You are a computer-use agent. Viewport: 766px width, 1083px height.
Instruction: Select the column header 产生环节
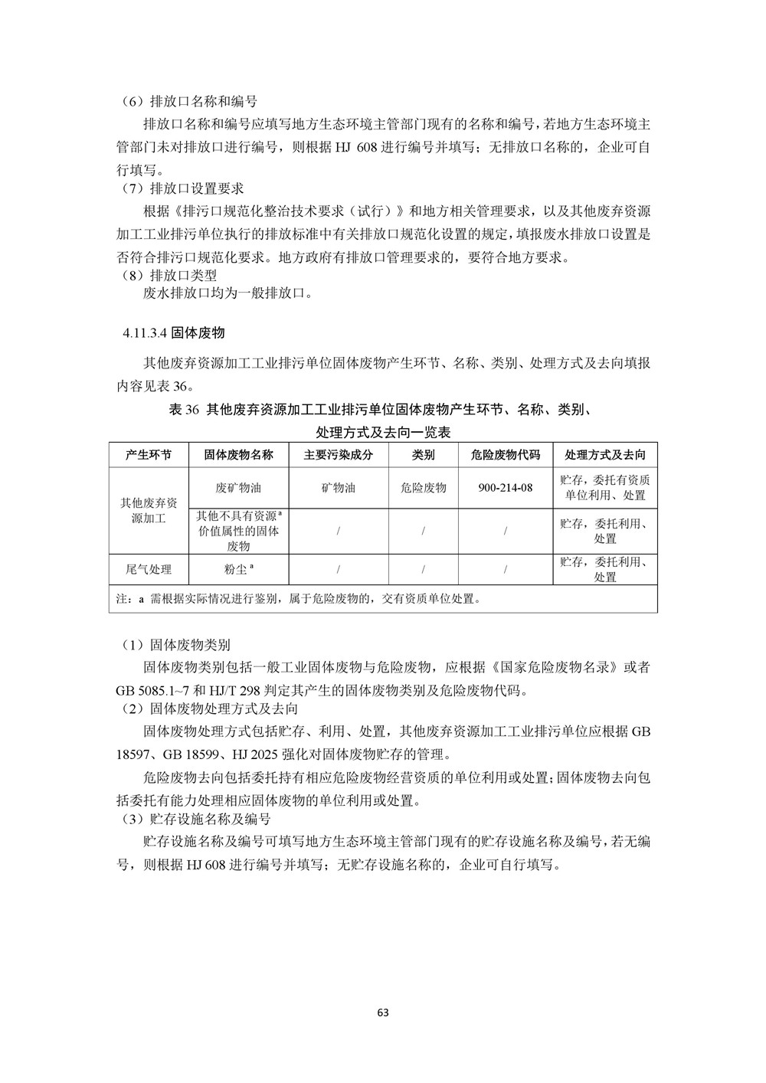pos(149,455)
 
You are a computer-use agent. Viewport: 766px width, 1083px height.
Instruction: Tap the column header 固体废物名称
pos(238,455)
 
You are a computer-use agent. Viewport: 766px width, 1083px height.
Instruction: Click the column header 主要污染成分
pos(338,455)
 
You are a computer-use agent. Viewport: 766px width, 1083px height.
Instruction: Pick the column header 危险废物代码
pos(506,455)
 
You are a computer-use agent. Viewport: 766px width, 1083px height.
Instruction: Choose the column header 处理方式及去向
pos(604,455)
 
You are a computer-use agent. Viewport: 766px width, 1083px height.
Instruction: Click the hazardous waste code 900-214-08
pos(506,488)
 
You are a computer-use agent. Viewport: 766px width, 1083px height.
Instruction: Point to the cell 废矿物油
pos(238,488)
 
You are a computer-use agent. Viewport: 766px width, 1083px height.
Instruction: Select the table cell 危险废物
pos(423,488)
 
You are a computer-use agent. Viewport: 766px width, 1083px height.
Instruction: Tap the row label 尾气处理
pos(149,570)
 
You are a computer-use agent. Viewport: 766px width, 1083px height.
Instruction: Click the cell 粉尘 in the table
pos(238,570)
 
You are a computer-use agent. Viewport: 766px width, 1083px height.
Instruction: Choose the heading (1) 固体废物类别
pos(182,646)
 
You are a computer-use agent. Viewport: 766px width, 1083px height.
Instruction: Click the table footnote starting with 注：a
pos(299,599)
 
